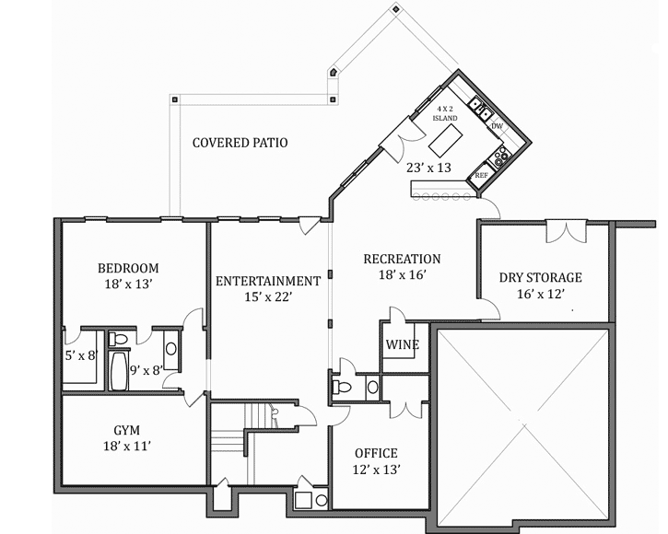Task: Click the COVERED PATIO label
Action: point(240,143)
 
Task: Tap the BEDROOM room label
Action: point(128,268)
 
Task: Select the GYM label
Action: point(127,430)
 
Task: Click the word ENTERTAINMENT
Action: point(268,281)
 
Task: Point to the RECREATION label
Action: point(402,259)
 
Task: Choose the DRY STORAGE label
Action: point(541,277)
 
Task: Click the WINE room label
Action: point(403,345)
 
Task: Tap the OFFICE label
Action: point(376,453)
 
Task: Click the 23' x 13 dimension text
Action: point(428,168)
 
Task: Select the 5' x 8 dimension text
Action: point(79,354)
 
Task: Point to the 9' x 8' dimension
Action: point(146,371)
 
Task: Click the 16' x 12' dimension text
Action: point(541,295)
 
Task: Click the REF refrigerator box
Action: point(481,174)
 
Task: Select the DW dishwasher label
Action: point(497,126)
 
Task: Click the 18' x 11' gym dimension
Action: point(127,447)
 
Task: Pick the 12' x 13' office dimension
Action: point(376,470)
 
